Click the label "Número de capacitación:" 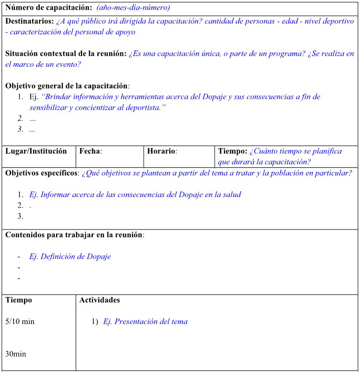pos(48,8)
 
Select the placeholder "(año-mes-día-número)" pos(133,8)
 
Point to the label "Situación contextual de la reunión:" pos(66,54)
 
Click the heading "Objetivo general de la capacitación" pos(67,86)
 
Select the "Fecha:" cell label pos(90,152)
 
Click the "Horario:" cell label pos(162,152)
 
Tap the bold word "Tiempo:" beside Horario pos(233,152)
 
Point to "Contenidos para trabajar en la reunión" pos(74,235)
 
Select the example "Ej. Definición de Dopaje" pos(70,257)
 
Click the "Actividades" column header pos(99,300)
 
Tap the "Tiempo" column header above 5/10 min pos(18,300)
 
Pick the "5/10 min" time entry pos(20,322)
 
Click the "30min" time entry pos(15,354)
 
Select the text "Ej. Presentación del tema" pos(145,322)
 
